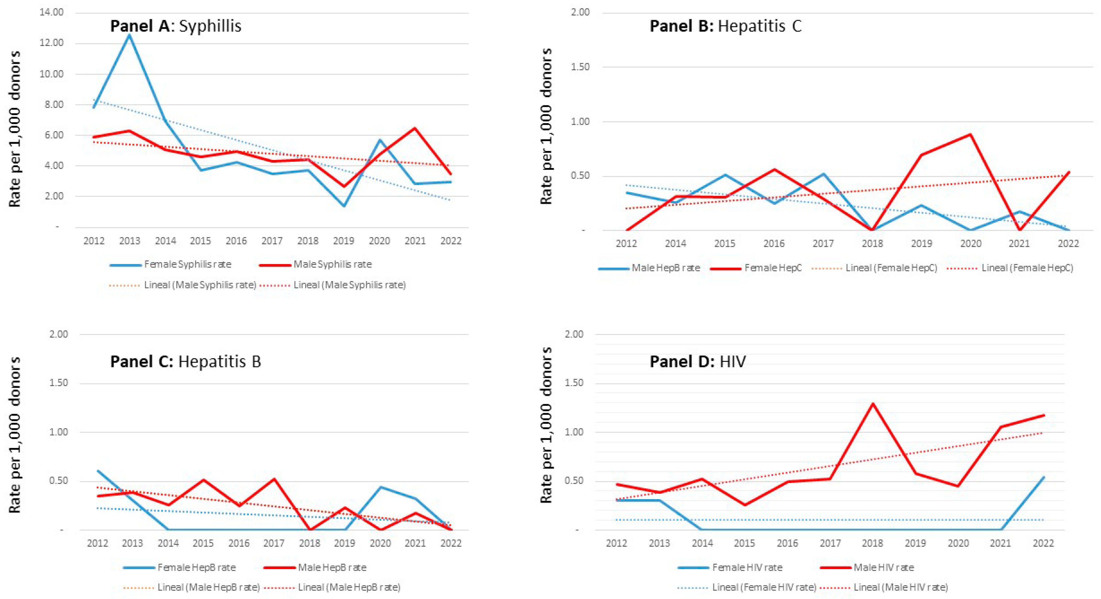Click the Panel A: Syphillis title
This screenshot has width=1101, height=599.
176,26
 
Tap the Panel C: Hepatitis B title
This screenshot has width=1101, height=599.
186,362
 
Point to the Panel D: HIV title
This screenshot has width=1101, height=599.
698,362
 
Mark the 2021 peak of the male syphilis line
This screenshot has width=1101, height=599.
415,128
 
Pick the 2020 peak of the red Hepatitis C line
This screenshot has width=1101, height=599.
971,134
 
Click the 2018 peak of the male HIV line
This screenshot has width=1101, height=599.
872,403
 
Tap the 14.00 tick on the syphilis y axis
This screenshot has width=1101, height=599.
51,12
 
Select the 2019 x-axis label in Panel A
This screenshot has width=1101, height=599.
344,241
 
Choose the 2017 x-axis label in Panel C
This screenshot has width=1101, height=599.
274,543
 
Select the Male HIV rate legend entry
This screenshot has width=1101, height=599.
867,568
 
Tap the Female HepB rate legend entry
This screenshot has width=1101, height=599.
180,568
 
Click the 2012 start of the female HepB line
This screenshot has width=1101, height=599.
98,471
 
